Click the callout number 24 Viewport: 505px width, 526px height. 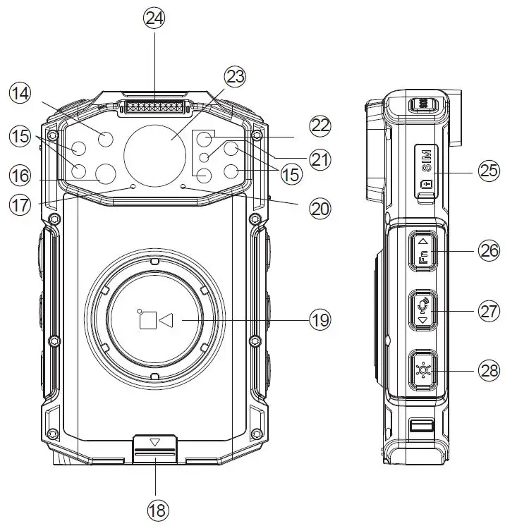click(154, 19)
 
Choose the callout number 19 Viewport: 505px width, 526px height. click(320, 320)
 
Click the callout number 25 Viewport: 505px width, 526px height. click(487, 170)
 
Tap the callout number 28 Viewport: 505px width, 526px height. click(487, 368)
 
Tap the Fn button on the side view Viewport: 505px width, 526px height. click(423, 250)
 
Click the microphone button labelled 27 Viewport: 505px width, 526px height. click(423, 309)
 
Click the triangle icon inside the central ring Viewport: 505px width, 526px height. click(166, 321)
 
